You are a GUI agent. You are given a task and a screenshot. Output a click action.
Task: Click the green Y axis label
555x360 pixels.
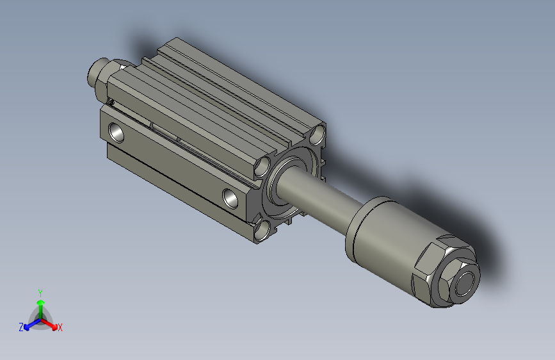(x=40, y=293)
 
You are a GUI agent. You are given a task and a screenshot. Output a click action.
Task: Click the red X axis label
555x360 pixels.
(x=60, y=327)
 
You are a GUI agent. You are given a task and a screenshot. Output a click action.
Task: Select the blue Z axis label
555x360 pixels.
(x=21, y=327)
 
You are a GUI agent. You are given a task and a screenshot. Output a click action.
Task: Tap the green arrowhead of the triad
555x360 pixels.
(x=41, y=302)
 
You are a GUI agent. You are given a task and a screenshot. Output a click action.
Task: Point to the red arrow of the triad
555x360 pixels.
(x=48, y=323)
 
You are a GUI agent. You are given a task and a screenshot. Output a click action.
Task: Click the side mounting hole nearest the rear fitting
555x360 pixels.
(x=117, y=132)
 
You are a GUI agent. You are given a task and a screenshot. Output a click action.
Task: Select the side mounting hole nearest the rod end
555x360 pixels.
(x=230, y=198)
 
